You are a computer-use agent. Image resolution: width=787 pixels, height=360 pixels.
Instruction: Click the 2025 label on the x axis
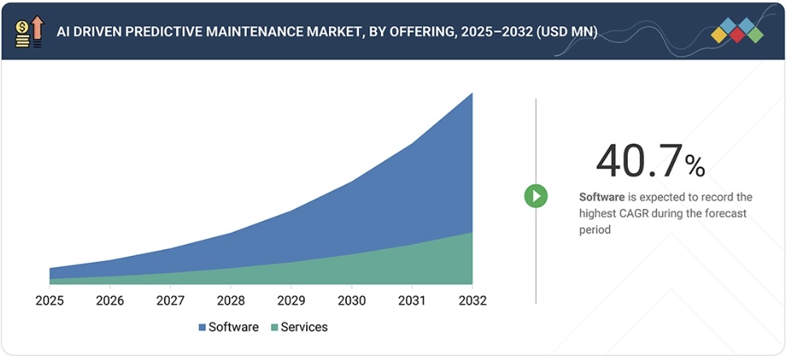50,301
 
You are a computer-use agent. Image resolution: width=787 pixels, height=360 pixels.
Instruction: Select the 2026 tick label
110,301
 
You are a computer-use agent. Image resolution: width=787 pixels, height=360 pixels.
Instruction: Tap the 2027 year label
171,301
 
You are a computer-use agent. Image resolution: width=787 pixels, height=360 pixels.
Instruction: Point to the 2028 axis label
231,301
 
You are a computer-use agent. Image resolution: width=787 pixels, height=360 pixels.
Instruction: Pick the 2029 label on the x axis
292,301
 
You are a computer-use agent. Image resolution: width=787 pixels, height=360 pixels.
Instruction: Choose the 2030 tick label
352,301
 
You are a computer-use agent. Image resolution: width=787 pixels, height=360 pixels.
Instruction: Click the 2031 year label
412,301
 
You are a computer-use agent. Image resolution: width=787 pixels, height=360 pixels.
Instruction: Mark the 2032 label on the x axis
472,301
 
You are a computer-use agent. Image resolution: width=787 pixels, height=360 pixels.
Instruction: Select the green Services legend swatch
274,327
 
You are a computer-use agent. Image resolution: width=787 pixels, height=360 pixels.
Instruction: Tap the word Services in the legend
305,327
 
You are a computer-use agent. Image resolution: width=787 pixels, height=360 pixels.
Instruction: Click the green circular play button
535,196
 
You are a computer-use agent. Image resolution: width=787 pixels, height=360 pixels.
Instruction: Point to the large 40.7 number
638,160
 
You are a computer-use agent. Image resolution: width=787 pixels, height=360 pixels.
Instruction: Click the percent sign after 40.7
694,167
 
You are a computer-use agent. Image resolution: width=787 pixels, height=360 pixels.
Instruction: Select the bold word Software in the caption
602,197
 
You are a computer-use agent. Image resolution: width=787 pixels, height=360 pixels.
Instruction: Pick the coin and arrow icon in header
28,31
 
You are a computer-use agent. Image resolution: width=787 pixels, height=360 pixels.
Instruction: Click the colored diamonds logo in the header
737,31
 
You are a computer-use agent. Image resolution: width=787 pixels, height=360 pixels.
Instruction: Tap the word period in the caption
595,230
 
